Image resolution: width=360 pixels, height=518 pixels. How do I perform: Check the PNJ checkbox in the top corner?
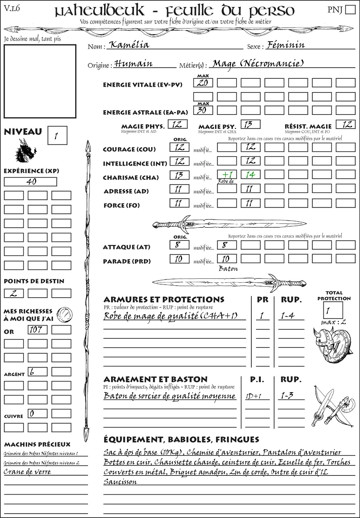click(350, 9)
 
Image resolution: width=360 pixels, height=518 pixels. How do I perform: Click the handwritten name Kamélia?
click(129, 45)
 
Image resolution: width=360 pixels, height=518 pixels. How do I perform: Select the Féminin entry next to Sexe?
click(285, 45)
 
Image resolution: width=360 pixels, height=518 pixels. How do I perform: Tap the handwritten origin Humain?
click(134, 64)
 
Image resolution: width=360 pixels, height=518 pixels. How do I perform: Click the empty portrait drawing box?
click(40, 81)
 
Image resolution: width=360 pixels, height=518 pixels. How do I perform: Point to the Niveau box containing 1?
click(57, 136)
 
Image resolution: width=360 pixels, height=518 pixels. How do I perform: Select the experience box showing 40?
click(30, 182)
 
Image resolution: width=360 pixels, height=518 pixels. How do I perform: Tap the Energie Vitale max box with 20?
click(203, 83)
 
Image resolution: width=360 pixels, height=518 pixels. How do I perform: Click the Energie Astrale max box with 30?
click(203, 110)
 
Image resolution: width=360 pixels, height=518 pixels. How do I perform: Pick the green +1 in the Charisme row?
click(227, 175)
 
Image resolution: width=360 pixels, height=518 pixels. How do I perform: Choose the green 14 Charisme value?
click(250, 175)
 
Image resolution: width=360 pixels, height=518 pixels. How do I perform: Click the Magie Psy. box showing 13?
click(250, 124)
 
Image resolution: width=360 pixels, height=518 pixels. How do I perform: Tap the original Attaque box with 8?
click(179, 245)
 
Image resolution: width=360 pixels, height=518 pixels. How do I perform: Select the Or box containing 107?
click(37, 330)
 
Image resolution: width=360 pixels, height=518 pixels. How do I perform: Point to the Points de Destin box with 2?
click(14, 293)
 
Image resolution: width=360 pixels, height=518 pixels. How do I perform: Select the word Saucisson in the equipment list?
click(120, 482)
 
